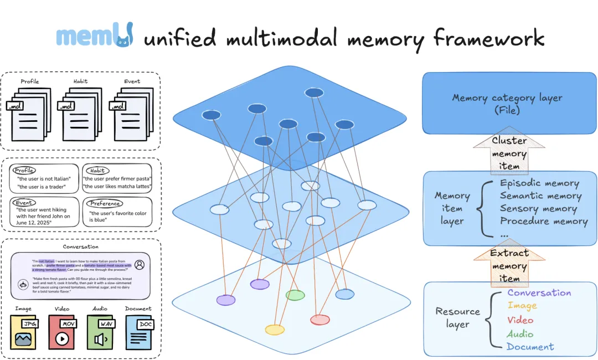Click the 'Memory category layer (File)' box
pos(507,104)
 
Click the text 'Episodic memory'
pos(539,183)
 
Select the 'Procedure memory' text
pos(544,222)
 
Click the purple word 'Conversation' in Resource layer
pos(539,293)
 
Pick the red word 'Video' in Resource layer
pos(520,320)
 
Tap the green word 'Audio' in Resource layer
pos(520,334)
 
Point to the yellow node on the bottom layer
pos(275,330)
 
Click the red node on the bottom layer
pos(319,320)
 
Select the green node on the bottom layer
pos(295,295)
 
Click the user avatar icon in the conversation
pos(140,265)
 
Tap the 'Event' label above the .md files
pos(132,81)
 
